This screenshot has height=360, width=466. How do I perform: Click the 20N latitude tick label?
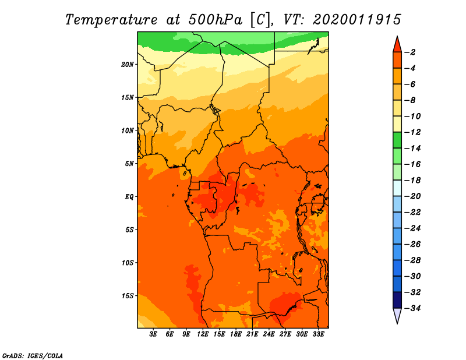tap(128, 65)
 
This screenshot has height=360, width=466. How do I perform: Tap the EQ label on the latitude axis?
tap(129, 197)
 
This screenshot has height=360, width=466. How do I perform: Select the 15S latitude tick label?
tap(128, 296)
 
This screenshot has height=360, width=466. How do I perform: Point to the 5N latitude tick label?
tap(129, 164)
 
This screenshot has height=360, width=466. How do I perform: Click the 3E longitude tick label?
tap(153, 334)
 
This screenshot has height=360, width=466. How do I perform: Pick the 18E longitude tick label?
tap(236, 334)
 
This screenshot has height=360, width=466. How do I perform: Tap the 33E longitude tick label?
tap(318, 334)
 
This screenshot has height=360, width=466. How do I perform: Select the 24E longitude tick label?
tap(269, 334)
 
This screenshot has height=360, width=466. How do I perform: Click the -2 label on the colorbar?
tap(410, 52)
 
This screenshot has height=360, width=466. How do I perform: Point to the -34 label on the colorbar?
tap(412, 308)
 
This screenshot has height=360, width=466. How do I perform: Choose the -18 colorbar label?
tap(412, 181)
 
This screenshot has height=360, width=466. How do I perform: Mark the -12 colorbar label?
tap(412, 132)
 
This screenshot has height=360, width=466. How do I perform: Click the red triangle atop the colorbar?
tap(397, 45)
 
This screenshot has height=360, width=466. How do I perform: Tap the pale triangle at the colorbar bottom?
tap(397, 315)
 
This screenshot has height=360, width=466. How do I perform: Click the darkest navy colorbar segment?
tap(397, 300)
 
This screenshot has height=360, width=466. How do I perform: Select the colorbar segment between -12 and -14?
tap(397, 140)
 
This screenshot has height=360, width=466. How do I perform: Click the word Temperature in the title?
tap(111, 20)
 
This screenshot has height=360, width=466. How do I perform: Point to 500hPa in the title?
tap(215, 20)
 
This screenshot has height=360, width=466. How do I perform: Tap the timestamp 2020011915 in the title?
tap(356, 20)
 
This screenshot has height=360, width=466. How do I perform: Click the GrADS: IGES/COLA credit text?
tap(33, 355)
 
